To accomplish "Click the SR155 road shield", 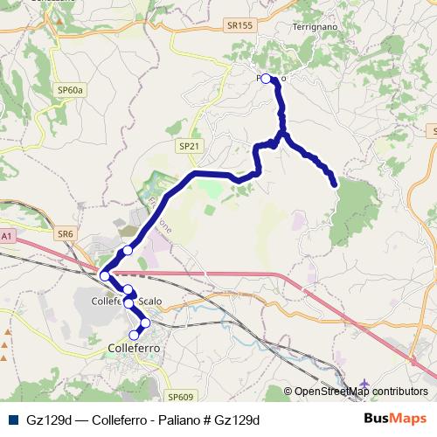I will point(240,26).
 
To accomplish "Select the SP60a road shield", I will point(71,90).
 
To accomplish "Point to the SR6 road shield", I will point(66,234).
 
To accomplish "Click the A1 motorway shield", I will point(7,236).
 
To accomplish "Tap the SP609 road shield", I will point(182,397).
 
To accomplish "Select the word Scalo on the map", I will point(150,302).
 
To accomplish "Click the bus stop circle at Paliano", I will point(267,79).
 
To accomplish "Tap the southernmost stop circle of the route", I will point(135,335).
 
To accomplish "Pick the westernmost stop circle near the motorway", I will point(105,276).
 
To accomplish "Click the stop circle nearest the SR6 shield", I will point(128,251).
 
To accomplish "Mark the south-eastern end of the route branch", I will point(335,184).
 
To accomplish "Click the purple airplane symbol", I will point(364,383).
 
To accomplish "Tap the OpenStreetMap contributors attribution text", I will point(361,392).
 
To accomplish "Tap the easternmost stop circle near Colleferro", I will point(145,323).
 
